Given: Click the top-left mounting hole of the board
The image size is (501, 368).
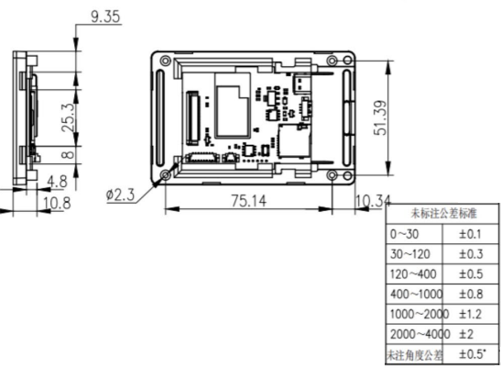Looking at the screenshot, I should tap(165, 62).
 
